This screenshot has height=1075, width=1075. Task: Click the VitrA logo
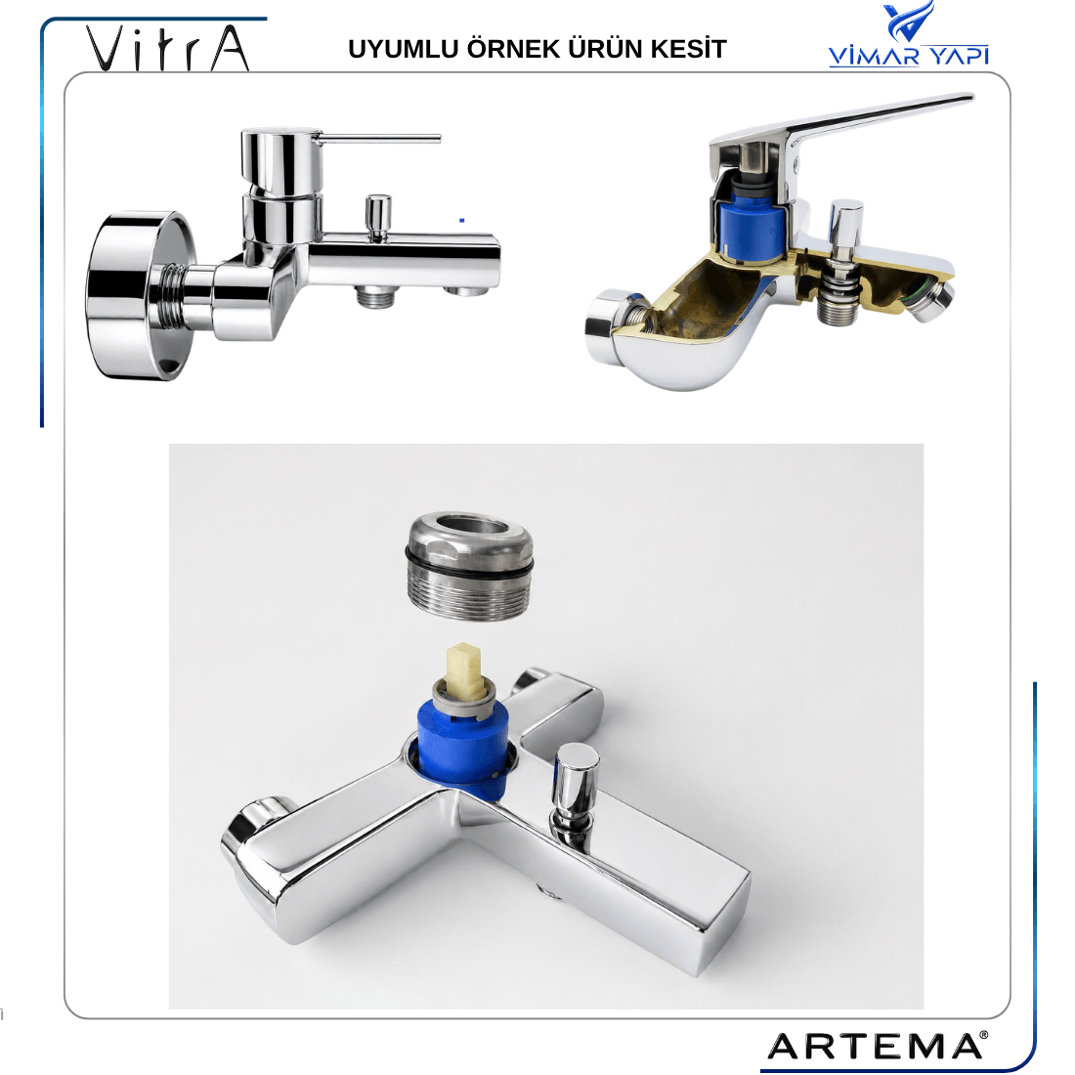[x=167, y=48]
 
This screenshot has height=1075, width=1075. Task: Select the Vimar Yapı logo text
[x=909, y=56]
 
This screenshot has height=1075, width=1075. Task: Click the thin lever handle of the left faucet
[x=380, y=139]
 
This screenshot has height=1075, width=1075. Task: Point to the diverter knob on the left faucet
[x=378, y=217]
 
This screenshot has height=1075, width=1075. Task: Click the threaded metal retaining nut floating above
[x=470, y=566]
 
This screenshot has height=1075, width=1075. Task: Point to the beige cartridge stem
[x=464, y=668]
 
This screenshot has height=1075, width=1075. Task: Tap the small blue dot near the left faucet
[x=462, y=220]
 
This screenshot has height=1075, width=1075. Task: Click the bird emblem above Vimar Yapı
[x=909, y=21]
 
